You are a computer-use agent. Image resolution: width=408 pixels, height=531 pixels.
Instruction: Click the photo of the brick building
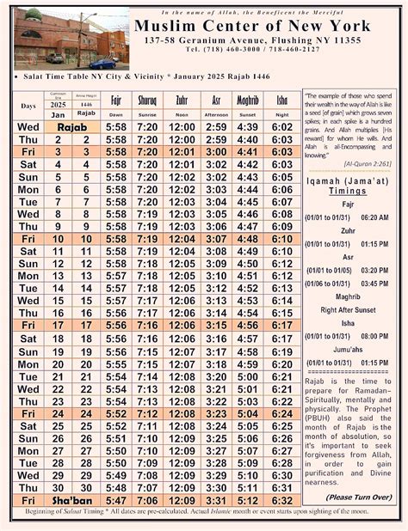pyautogui.click(x=66, y=40)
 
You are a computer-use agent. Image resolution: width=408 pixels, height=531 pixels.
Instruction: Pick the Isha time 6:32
pyautogui.click(x=281, y=500)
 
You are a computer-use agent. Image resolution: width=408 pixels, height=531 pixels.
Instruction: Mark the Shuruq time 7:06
pyautogui.click(x=147, y=500)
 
